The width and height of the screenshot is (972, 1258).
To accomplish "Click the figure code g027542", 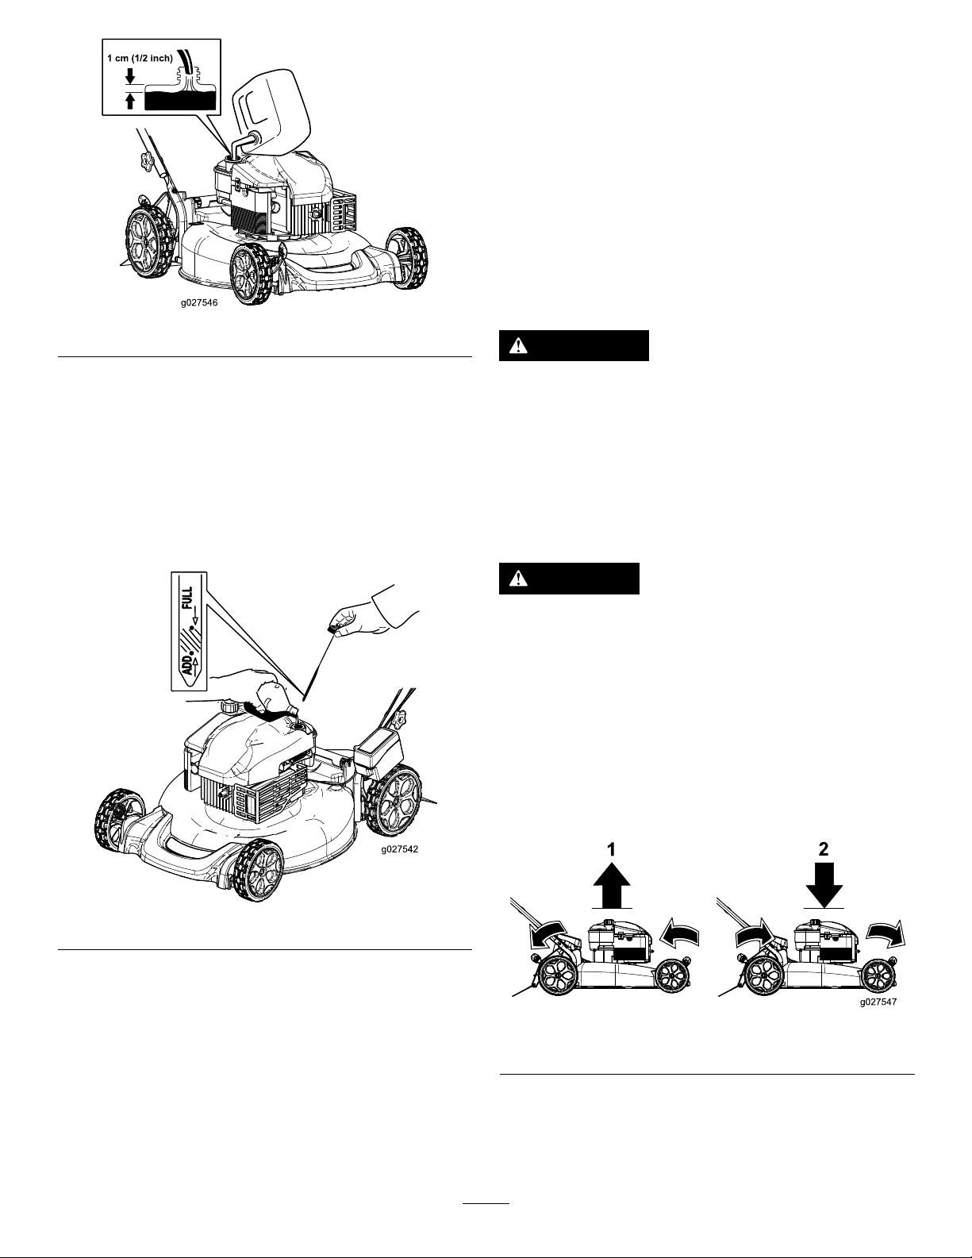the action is tap(399, 848).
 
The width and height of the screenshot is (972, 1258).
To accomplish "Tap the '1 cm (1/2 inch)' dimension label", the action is tap(140, 58).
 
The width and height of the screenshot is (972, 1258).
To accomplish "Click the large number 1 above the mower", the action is tap(611, 848).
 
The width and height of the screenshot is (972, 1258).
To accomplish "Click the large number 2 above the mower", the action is tap(824, 848).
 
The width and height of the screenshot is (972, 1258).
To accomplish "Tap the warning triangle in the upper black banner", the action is tap(517, 346).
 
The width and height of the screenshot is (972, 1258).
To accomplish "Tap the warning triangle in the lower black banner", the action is tap(517, 579).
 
